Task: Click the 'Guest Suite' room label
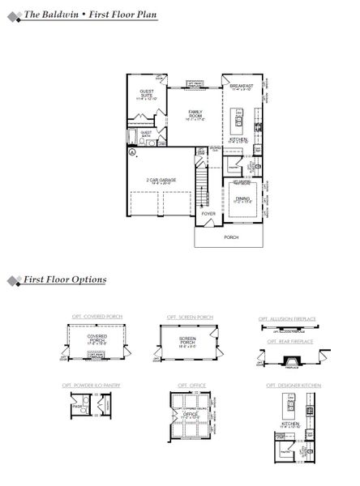[x=147, y=94]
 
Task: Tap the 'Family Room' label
[x=195, y=114]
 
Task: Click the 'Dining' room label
[x=242, y=198]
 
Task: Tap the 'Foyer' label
[x=208, y=214]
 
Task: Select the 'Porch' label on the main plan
[x=231, y=238]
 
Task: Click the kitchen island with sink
[x=240, y=124]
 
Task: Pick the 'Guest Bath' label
[x=147, y=134]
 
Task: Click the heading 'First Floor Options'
[x=71, y=279]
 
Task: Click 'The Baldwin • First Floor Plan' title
[x=89, y=15]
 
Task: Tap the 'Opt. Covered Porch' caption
[x=88, y=317]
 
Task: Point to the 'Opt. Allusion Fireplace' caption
[x=289, y=319]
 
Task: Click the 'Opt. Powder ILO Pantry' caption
[x=91, y=386]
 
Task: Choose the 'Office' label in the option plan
[x=192, y=415]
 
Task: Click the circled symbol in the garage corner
[x=132, y=151]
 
